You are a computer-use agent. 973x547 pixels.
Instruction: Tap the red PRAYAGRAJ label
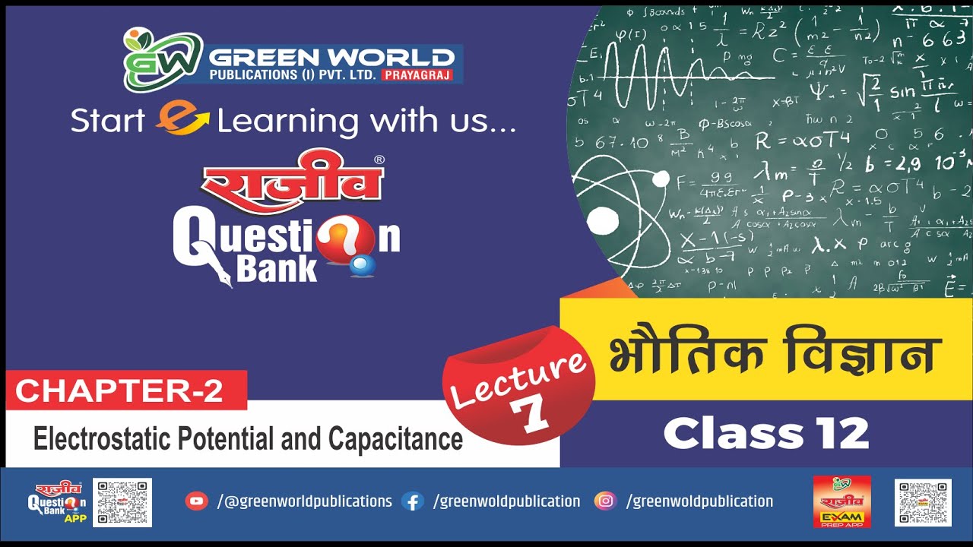click(418, 74)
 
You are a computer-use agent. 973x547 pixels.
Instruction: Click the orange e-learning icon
click(182, 119)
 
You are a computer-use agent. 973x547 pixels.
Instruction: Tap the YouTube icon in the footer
click(196, 501)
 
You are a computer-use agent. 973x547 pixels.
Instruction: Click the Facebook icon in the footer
click(412, 501)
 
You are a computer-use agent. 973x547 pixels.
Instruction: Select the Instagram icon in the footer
click(605, 501)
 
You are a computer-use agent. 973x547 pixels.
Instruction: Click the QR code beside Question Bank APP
click(122, 502)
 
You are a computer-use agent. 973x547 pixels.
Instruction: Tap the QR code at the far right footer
click(923, 502)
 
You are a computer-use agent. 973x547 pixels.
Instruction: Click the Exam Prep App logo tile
click(841, 501)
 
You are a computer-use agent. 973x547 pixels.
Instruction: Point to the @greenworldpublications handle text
click(305, 501)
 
